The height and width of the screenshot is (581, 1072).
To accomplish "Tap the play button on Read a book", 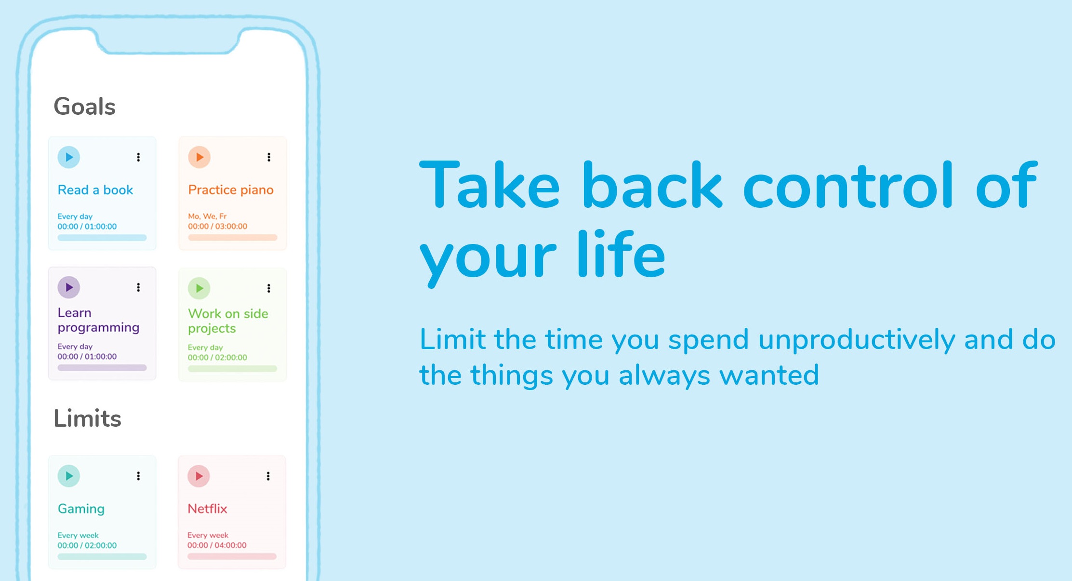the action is click(x=69, y=157).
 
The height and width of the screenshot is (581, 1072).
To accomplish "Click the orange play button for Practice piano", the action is click(x=199, y=157).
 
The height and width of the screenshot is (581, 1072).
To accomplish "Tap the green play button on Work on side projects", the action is click(x=199, y=288).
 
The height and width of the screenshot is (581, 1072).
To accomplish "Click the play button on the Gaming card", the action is click(x=69, y=476).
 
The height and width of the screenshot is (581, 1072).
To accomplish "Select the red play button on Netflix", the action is click(x=199, y=476).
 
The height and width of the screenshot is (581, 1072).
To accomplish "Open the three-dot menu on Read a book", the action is click(x=138, y=157).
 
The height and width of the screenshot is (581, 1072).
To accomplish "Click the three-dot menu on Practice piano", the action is click(x=269, y=157).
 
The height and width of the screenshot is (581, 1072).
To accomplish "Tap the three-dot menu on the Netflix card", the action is click(x=268, y=476).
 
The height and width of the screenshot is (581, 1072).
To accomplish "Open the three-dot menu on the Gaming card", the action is click(x=138, y=476).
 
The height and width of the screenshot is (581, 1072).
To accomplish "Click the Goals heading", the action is click(x=84, y=107).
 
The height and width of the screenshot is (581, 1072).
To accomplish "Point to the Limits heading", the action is click(x=87, y=418).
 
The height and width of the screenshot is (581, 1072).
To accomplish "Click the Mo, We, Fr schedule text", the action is click(x=207, y=216).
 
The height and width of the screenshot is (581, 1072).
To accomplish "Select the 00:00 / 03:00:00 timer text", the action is click(x=218, y=226).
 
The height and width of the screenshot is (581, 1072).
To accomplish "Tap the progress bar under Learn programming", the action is click(x=102, y=367).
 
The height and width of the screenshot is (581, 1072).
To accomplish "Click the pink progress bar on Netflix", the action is click(x=232, y=556).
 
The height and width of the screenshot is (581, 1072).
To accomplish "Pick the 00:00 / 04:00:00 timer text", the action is click(x=217, y=545).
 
